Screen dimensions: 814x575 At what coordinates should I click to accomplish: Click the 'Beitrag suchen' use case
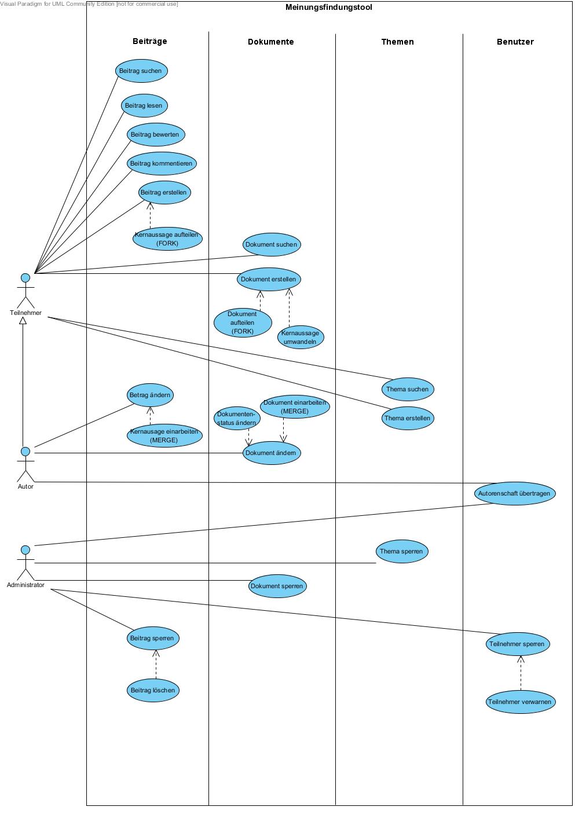[x=141, y=71]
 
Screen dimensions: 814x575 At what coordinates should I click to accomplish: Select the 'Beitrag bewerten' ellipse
[x=156, y=134]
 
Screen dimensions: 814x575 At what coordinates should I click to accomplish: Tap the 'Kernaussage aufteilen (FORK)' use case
[x=167, y=239]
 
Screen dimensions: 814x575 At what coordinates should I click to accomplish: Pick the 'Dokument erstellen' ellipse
[x=269, y=279]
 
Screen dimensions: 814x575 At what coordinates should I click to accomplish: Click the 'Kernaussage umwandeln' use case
[x=300, y=337]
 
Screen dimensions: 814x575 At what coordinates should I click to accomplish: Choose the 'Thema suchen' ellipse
[x=408, y=389]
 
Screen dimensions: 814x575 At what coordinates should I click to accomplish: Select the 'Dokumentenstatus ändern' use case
[x=236, y=418]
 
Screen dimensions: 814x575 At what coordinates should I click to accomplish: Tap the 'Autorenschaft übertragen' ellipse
[x=515, y=493]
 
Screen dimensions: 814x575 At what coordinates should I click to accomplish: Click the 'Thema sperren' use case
[x=402, y=551]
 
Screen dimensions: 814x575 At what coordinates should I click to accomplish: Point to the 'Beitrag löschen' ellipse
[x=153, y=690]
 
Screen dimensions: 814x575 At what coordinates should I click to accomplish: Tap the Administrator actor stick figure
[x=25, y=563]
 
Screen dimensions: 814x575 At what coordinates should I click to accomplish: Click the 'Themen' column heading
[x=397, y=42]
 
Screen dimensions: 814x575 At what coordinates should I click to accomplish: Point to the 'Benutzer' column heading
[x=515, y=42]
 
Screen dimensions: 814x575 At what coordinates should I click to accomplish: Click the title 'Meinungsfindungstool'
[x=329, y=8]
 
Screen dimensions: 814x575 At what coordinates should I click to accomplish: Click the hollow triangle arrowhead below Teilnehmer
[x=23, y=321]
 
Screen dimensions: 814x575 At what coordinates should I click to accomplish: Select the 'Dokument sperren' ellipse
[x=277, y=586]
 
